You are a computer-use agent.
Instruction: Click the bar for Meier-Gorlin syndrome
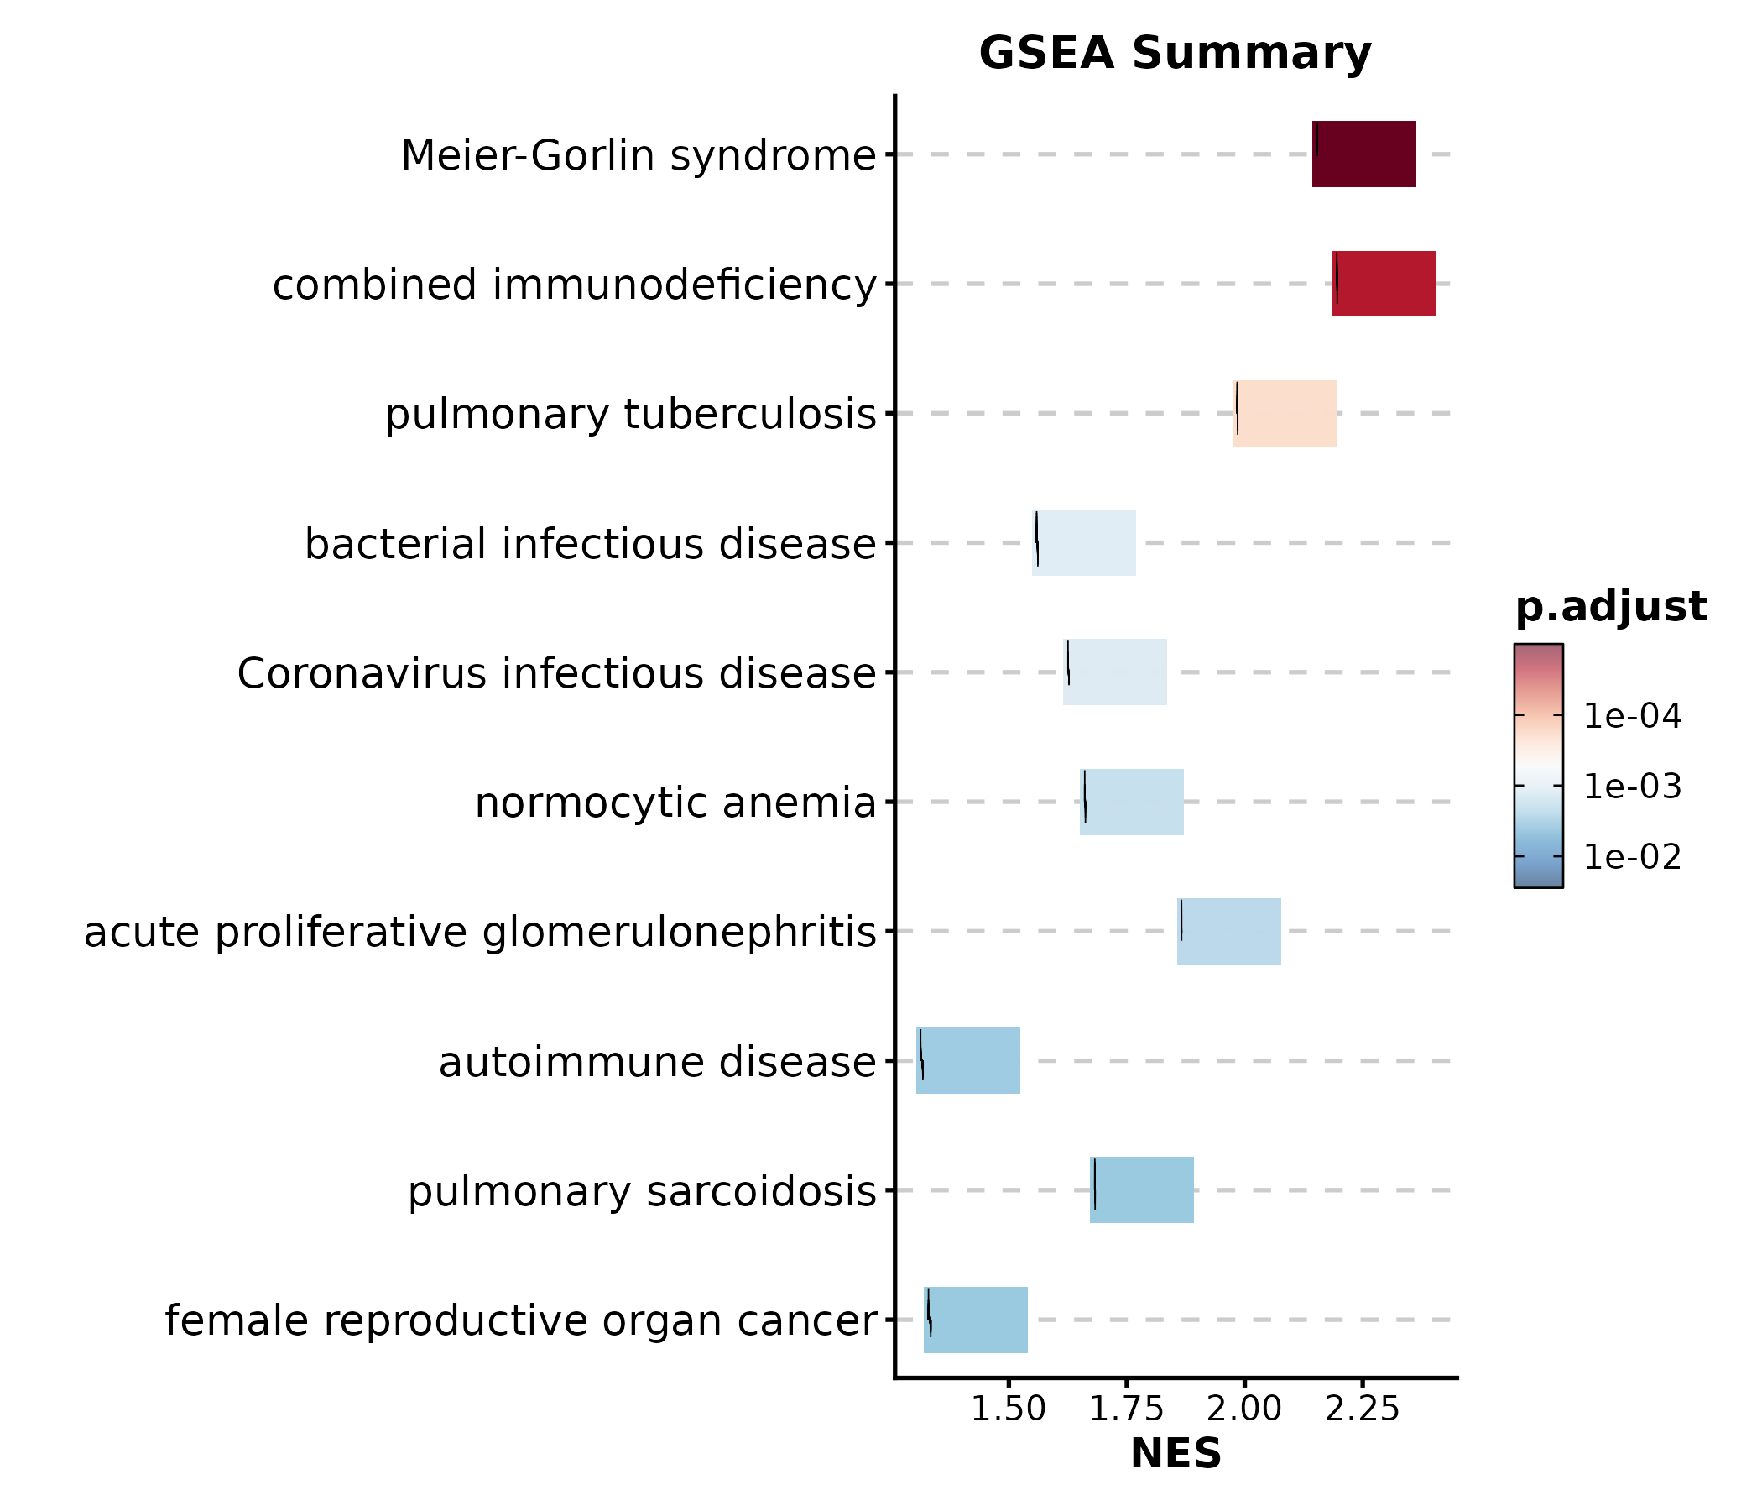tap(1364, 154)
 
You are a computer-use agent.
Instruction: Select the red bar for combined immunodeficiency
tap(1384, 284)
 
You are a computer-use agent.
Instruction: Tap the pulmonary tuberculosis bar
tap(1284, 413)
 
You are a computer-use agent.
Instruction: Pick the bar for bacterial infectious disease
tap(1084, 543)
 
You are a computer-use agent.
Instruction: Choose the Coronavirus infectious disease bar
tap(1115, 672)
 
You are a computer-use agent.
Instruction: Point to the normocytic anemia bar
tap(1132, 802)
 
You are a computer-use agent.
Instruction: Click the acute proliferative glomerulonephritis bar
tap(1229, 931)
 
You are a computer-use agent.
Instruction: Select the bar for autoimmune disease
tap(967, 1061)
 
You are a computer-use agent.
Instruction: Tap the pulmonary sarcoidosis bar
tap(1142, 1190)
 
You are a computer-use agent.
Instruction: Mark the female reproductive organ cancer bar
tap(975, 1320)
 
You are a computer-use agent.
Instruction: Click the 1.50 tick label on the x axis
tap(1008, 1409)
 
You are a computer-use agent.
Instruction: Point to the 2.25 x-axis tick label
tap(1362, 1409)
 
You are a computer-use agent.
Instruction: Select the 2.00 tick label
tap(1243, 1409)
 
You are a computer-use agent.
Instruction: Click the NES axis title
tap(1176, 1454)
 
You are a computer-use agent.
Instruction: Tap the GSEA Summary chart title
tap(1176, 54)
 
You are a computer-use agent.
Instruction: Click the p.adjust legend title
tap(1611, 608)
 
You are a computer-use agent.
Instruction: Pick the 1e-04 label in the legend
tap(1632, 716)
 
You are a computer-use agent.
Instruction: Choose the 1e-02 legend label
tap(1632, 857)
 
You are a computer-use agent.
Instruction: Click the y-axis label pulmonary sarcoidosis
tap(642, 1191)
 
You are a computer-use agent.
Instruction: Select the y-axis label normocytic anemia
tap(675, 803)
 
